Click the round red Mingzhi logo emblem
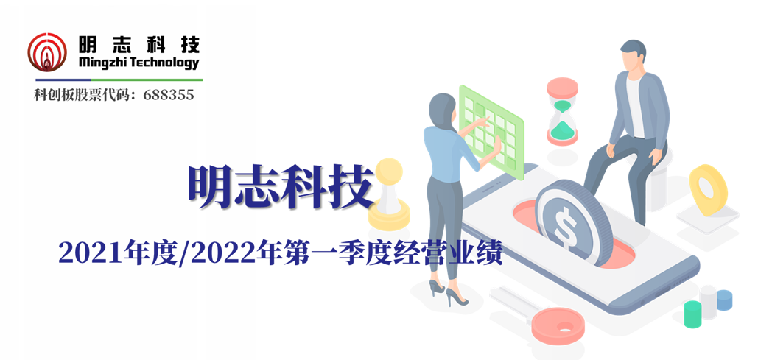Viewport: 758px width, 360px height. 47,52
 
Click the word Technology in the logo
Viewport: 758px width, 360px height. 164,63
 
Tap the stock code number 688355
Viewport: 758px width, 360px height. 169,95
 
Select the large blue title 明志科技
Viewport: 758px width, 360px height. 282,186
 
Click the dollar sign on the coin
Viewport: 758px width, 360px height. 564,223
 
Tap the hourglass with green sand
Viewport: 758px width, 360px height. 562,112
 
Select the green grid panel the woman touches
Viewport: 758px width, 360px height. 491,131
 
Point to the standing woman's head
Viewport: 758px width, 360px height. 442,110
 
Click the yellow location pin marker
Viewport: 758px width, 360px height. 708,189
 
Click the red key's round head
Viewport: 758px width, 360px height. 558,325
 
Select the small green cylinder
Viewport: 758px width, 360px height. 692,314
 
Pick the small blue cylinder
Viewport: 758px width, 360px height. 724,300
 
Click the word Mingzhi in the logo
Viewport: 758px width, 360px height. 101,63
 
